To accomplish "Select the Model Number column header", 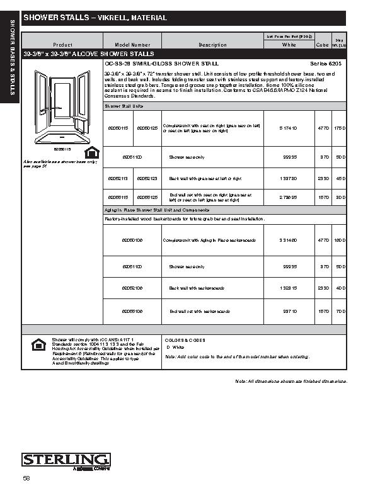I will point(132,45).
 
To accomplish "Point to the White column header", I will point(289,45).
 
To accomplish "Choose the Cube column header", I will point(321,45).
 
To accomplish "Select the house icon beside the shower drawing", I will point(91,152).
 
